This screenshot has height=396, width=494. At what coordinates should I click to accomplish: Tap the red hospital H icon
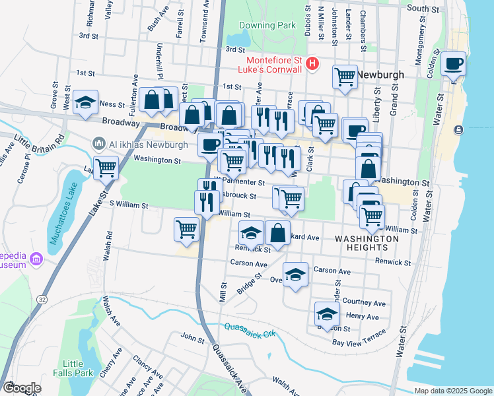point(313,64)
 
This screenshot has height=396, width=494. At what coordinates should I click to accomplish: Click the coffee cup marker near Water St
point(454,64)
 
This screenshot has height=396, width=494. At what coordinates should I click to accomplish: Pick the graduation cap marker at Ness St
point(86,102)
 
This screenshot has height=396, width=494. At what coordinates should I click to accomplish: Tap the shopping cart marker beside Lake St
point(106,167)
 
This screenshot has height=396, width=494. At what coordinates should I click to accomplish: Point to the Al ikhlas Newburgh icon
point(99,143)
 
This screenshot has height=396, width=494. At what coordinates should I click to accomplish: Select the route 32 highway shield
point(42,300)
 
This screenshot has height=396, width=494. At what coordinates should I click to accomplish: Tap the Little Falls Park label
point(73,368)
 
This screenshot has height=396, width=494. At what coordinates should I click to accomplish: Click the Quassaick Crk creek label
point(249,327)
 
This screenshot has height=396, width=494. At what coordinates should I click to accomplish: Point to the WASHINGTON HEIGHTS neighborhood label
point(366,242)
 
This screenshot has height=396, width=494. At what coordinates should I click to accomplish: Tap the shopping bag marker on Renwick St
point(278,233)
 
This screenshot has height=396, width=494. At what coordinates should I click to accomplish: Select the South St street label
point(423,9)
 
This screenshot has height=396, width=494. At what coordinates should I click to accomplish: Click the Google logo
point(22,387)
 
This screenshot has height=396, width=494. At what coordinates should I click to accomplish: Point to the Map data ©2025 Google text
point(452,391)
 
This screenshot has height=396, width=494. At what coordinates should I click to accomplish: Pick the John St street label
point(193,339)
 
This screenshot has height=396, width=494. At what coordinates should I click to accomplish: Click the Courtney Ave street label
point(369,303)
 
